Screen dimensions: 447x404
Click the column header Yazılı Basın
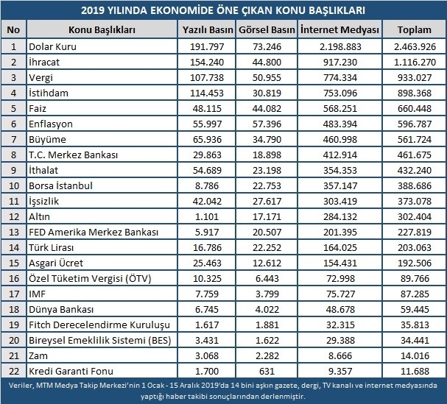coord(208,29)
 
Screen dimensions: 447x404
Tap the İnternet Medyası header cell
coord(339,29)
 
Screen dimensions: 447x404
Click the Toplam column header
coord(414,29)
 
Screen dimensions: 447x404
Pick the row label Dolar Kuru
coord(53,46)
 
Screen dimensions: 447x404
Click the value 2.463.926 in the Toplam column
coord(415,46)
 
